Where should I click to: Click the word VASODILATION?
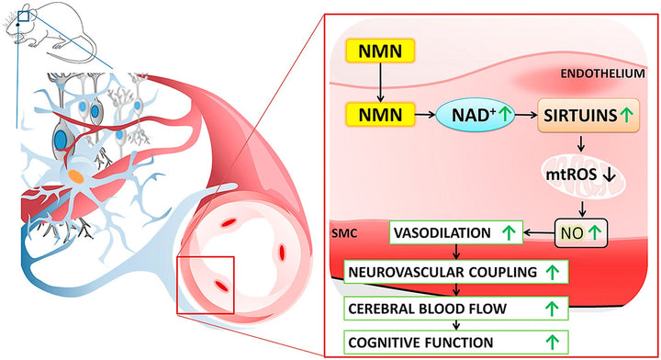click(x=441, y=233)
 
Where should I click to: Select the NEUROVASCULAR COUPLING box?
click(x=454, y=272)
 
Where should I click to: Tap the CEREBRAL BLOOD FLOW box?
click(x=454, y=307)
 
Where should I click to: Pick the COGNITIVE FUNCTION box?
click(x=454, y=342)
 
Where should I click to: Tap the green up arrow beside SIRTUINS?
click(x=625, y=116)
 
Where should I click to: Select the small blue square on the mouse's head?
click(x=25, y=15)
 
